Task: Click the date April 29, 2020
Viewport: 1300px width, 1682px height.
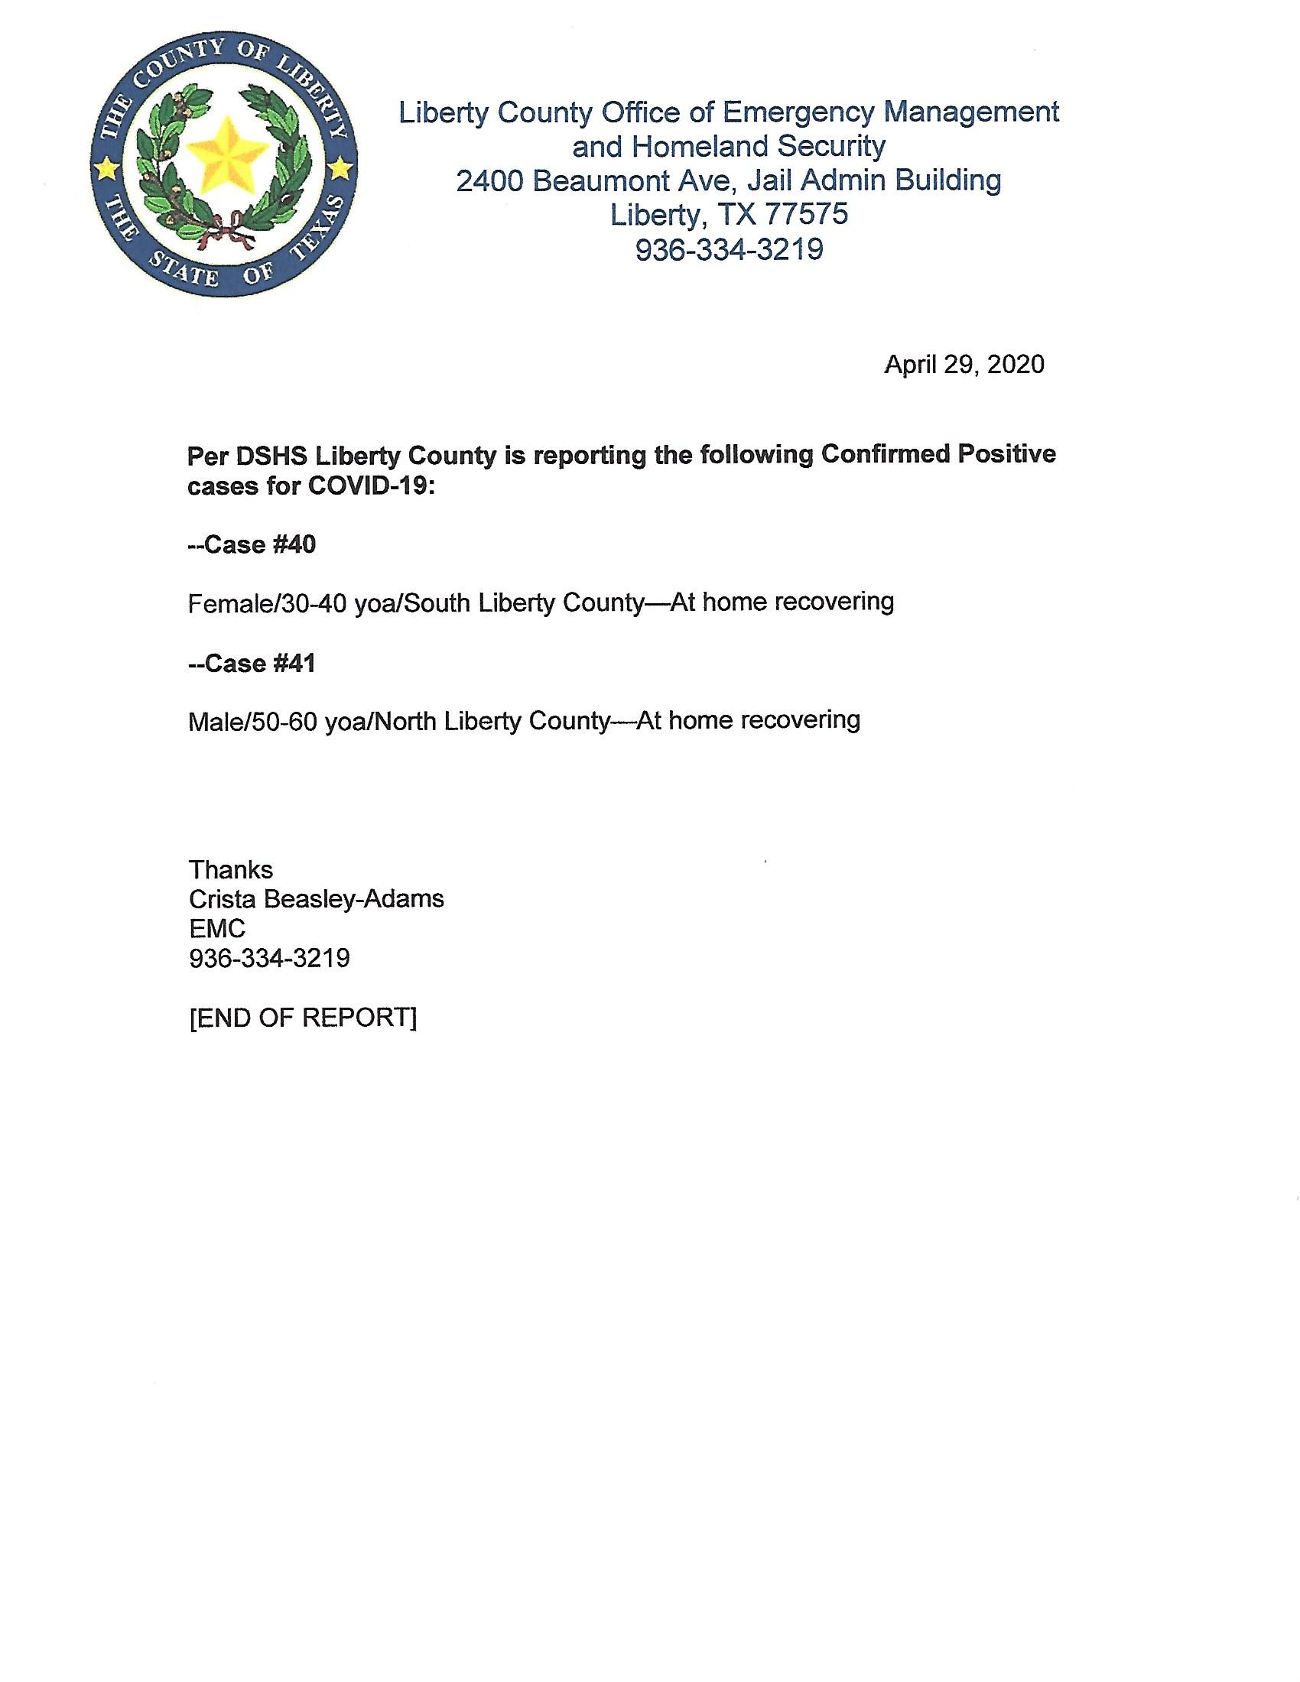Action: pyautogui.click(x=964, y=364)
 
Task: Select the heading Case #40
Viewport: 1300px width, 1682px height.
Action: pyautogui.click(x=252, y=545)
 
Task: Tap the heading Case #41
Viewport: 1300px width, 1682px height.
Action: pyautogui.click(x=252, y=664)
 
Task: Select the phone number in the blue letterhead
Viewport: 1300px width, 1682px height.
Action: pyautogui.click(x=729, y=249)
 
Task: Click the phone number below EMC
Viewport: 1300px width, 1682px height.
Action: pyautogui.click(x=268, y=958)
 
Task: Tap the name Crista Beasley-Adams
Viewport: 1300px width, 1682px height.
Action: pyautogui.click(x=316, y=899)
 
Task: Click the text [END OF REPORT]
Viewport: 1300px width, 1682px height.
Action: pyautogui.click(x=303, y=1018)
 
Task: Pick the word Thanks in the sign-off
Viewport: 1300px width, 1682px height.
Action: pyautogui.click(x=230, y=869)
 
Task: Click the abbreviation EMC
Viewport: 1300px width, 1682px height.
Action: pyautogui.click(x=216, y=929)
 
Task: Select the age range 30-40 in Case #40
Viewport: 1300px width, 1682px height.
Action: pyautogui.click(x=314, y=604)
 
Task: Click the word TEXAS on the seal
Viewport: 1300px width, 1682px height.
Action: pyautogui.click(x=317, y=226)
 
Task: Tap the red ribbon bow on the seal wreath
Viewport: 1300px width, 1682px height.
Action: pyautogui.click(x=223, y=229)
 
